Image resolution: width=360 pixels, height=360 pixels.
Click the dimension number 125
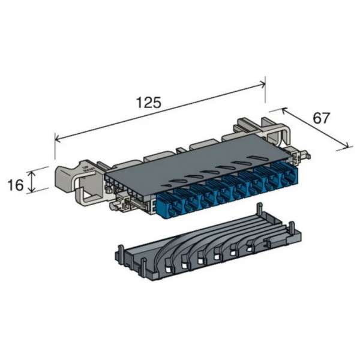click(148, 102)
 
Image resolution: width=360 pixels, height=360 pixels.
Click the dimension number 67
click(322, 118)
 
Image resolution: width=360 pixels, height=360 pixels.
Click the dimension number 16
click(16, 184)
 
